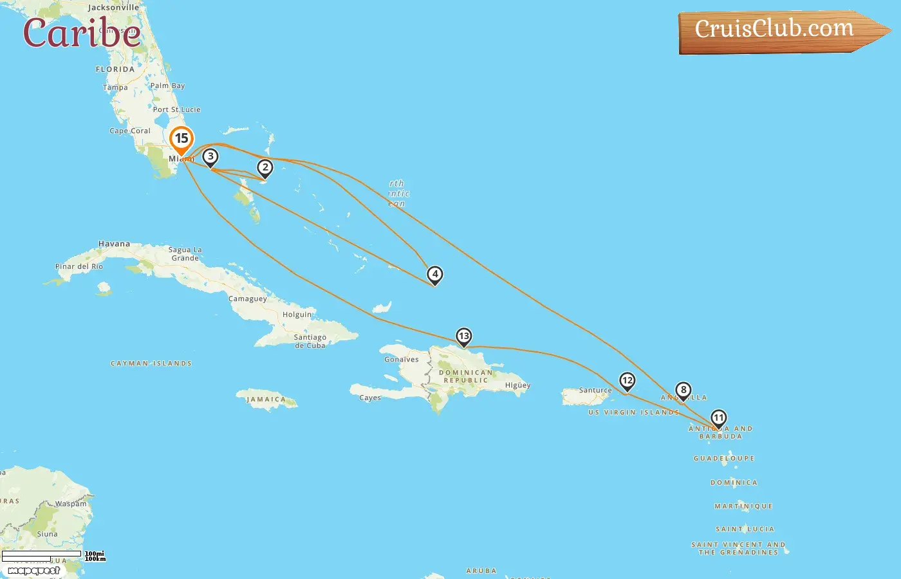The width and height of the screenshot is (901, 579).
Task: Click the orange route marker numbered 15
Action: tap(181, 139)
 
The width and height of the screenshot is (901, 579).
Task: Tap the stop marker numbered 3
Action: tap(210, 157)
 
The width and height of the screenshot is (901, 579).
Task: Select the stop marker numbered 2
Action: tap(265, 168)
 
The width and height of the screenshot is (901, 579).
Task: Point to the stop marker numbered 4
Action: tap(435, 275)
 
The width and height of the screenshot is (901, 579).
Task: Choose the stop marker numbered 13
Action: tap(463, 336)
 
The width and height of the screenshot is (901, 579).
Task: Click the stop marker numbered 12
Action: tap(627, 381)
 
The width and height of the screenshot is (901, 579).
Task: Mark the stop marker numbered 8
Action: tap(683, 390)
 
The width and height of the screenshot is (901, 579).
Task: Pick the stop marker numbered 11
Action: tap(718, 418)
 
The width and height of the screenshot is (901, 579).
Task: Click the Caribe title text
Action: tap(82, 33)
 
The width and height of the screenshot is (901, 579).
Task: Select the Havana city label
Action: tap(114, 244)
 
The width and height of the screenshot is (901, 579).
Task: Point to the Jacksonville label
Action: tap(113, 8)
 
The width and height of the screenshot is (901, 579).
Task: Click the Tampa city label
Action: tap(115, 87)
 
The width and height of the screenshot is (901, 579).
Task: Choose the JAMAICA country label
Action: tap(266, 400)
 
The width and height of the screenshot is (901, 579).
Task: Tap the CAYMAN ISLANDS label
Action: tap(151, 363)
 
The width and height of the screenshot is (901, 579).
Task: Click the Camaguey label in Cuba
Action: tap(248, 299)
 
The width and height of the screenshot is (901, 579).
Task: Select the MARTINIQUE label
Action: tap(743, 506)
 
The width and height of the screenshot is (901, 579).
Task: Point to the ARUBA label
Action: tap(481, 571)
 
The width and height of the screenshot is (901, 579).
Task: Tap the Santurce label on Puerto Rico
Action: tap(595, 390)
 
